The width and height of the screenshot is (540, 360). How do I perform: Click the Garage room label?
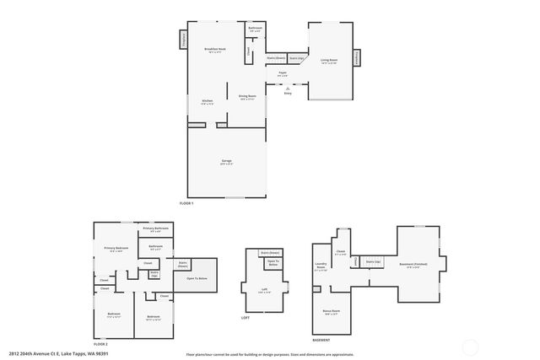pos(226,163)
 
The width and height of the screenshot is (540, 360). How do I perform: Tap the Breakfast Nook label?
pos(214,51)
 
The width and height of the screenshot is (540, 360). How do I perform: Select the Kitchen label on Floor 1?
pos(207,102)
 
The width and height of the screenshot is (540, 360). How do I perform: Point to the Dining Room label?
pos(247,97)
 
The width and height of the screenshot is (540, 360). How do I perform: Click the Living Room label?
pos(329,61)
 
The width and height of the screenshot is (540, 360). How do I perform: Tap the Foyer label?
pos(283,73)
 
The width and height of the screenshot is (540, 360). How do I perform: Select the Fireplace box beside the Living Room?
pos(356,57)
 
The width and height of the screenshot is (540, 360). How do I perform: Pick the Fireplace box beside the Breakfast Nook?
pos(183,40)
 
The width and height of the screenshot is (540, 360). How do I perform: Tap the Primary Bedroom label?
pos(116,249)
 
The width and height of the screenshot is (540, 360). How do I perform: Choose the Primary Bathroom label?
pos(156,229)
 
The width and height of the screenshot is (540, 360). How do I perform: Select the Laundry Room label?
pos(321,269)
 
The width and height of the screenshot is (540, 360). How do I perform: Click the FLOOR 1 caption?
pos(186,204)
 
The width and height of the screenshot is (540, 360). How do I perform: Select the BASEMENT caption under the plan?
pos(321,341)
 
